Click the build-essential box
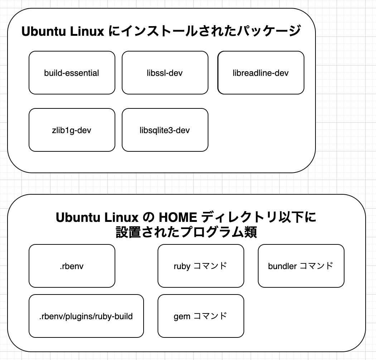point(72,73)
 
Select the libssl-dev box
point(165,73)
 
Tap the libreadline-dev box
point(261,73)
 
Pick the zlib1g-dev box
point(72,130)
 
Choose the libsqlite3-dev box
point(165,130)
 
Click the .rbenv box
point(72,266)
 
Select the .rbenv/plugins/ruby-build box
point(86,316)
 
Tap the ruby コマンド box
point(201,266)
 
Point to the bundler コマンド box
point(301,266)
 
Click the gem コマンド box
point(201,316)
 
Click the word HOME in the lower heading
point(178,217)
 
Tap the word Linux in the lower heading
point(121,217)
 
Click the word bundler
point(283,266)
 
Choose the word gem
point(182,317)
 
